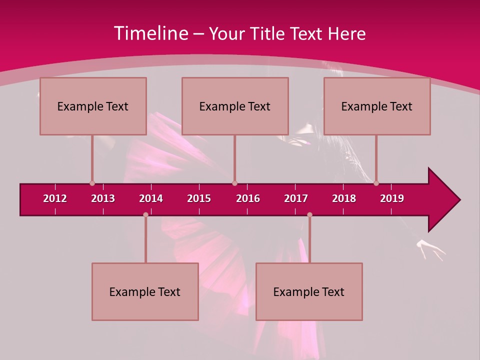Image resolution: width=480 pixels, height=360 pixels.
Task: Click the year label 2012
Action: (55, 198)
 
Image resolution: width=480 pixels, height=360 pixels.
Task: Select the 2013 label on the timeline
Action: (103, 198)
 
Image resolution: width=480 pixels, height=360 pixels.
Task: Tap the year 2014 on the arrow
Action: (151, 198)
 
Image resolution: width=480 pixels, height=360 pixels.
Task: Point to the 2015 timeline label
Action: (199, 198)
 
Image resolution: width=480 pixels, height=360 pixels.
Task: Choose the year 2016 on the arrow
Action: (248, 198)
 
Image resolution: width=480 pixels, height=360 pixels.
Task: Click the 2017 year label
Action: (296, 198)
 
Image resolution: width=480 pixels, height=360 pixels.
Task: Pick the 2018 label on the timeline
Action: (344, 198)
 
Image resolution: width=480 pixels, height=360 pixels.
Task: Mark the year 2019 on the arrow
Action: (392, 198)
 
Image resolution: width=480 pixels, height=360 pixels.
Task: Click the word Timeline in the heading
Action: (151, 33)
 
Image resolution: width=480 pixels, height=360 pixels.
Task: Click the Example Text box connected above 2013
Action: (93, 106)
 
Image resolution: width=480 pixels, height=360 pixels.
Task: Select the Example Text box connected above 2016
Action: (235, 106)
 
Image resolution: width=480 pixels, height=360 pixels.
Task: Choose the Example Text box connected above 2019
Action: (377, 106)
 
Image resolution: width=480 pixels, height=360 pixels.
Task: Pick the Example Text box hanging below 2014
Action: (145, 291)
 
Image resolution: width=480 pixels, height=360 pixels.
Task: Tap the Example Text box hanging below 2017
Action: (309, 291)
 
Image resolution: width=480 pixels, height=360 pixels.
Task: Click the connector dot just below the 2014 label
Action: (145, 214)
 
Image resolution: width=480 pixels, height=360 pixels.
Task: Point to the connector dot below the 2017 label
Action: (309, 214)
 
